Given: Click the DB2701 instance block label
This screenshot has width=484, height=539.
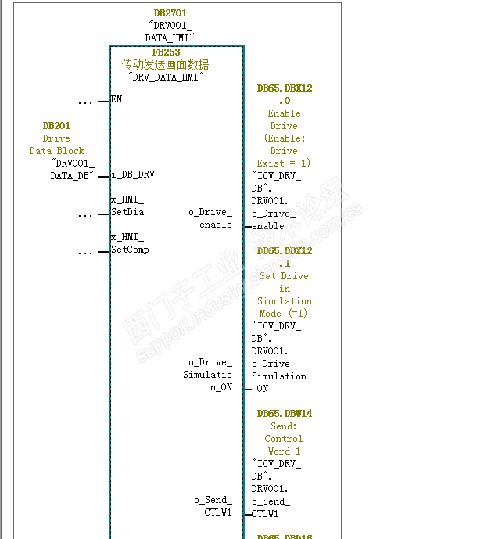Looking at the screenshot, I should coord(170,13).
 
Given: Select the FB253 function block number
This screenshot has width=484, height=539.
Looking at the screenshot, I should coord(166,52).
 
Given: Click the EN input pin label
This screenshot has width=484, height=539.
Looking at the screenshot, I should coord(117,100).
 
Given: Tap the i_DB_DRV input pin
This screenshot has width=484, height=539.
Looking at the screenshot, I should coord(133,175).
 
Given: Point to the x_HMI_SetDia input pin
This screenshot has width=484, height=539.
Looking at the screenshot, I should coord(127,207).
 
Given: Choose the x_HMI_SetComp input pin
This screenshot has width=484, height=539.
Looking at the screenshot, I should coord(129,244).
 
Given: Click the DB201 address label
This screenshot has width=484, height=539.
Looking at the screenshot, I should coord(56,126).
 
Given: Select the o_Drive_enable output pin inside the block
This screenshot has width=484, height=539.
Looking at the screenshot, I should coord(210,218).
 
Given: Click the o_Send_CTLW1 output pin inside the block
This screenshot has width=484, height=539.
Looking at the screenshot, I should coord(213,506).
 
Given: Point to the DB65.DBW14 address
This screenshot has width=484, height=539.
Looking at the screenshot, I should coord(285,414).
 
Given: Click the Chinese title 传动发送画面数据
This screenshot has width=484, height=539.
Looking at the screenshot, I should coord(165,65).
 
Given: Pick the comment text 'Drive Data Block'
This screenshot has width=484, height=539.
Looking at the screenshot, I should coord(56,145).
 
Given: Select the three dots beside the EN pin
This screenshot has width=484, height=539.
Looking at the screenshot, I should coord(85,102).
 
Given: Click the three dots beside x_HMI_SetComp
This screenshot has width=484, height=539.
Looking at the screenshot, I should coord(85,252).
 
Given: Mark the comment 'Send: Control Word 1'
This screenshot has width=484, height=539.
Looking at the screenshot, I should coord(284,439).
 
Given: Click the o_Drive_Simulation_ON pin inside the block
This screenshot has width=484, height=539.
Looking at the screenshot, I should coord(208,375).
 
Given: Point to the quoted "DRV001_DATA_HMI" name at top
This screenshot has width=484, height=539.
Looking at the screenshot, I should coord(170,31).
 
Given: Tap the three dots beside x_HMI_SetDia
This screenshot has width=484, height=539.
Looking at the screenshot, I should coord(85,214).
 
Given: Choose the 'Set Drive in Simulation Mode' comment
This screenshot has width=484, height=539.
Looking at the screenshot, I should coord(285,295).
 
